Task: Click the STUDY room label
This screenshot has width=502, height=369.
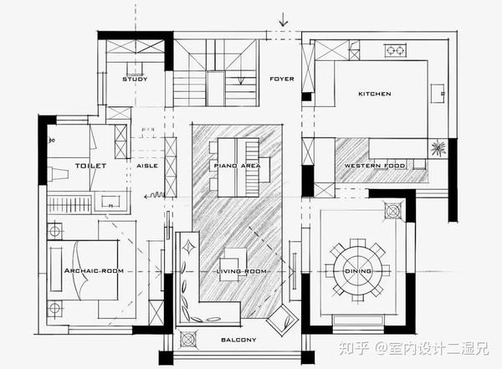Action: coord(135,79)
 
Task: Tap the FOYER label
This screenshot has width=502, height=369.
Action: coord(281,79)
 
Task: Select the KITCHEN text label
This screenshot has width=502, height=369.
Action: coord(374,94)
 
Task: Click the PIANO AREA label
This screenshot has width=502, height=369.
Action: coord(237,166)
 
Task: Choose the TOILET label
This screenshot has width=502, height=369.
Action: coord(90,166)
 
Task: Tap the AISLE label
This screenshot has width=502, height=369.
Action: coord(146,166)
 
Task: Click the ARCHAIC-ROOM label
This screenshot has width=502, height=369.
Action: coord(94,271)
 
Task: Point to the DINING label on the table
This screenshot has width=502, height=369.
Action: coord(358,271)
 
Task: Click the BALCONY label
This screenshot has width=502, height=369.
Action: coord(238,340)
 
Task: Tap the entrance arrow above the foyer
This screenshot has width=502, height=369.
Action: coord(284,18)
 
